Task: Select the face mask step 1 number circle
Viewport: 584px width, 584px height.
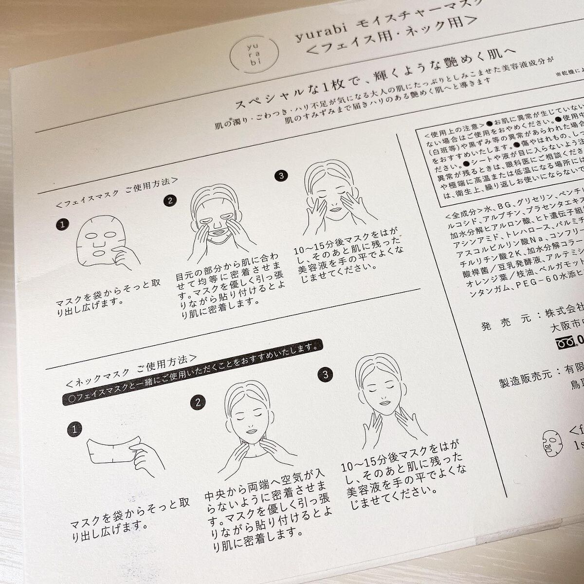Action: point(62,224)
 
